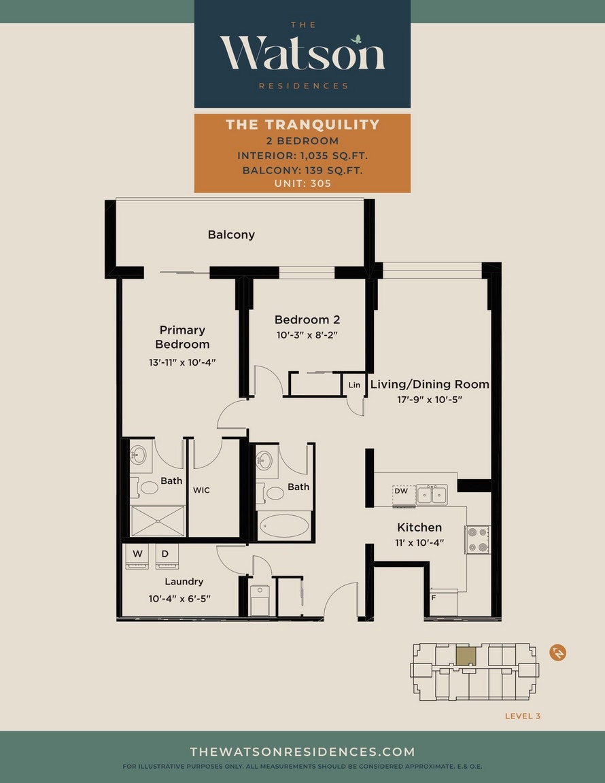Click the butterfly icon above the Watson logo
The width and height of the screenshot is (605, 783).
coord(356,39)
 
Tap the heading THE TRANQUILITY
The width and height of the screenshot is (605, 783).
coord(302,124)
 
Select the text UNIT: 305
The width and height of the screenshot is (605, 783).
coord(302,184)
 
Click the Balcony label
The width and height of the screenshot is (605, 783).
coord(231,234)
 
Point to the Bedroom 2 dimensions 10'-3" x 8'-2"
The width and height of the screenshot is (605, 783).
coord(307,335)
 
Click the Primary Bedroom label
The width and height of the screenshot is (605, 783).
coord(182,337)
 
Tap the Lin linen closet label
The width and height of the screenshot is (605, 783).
coord(354,385)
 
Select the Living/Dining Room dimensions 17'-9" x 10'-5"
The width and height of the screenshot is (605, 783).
coord(430,400)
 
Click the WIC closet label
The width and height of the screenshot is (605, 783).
coord(201,490)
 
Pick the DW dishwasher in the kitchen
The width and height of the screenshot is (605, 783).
coord(404,496)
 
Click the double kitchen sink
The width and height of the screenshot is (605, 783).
coord(432,495)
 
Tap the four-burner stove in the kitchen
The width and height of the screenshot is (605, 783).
coord(477,540)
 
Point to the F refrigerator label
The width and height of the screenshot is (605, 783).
coord(434,597)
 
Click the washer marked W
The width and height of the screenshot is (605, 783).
coord(137,556)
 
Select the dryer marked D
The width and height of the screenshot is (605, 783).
coord(167,556)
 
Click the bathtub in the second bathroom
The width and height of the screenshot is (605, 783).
coord(284,526)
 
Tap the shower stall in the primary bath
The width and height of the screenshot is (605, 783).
coord(158,521)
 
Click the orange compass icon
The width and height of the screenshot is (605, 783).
coord(558,652)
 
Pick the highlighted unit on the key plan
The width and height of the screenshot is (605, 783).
coord(466,657)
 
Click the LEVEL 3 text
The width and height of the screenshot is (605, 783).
coord(523,716)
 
